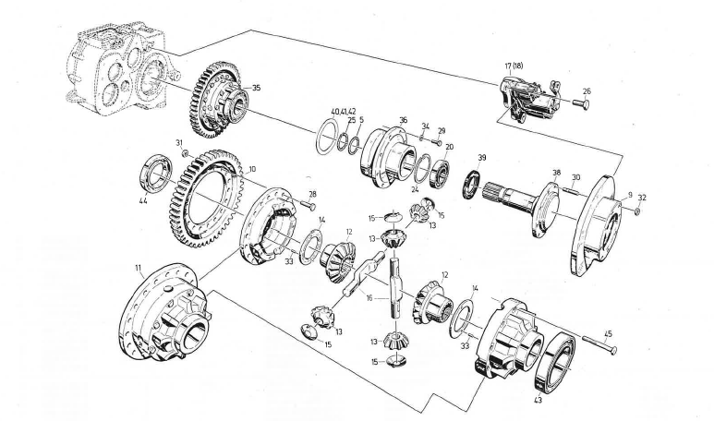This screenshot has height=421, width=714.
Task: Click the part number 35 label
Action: click(257, 89)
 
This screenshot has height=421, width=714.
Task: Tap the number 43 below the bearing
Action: click(538, 400)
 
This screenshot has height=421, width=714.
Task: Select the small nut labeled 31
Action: click(186, 153)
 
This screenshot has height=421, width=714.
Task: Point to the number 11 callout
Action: click(137, 269)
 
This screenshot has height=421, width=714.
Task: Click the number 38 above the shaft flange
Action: click(556, 172)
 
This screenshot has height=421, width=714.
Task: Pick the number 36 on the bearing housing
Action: click(403, 119)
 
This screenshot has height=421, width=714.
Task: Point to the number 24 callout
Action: click(415, 188)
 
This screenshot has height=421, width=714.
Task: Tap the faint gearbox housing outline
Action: click(111, 65)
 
